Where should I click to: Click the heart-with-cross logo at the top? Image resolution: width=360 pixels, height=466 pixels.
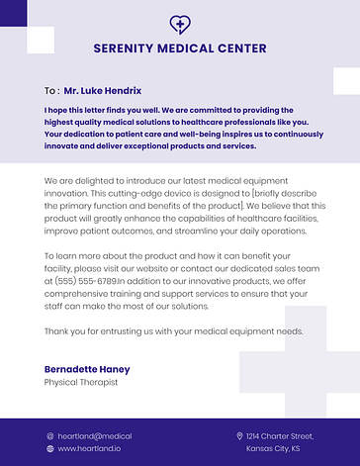179,24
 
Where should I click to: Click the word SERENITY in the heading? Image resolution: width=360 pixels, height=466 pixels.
129,48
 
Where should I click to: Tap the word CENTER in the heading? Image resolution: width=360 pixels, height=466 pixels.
240,48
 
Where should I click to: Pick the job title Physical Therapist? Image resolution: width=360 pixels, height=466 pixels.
81,382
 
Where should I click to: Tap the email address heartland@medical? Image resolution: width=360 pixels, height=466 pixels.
95,435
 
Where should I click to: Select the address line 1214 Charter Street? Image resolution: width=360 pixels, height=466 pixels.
280,435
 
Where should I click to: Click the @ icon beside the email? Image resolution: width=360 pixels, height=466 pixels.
49,435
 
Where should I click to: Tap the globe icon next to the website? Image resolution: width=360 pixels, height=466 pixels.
49,448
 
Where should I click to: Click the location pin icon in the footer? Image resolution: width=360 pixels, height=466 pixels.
239,435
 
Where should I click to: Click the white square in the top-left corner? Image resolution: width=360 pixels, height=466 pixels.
40,39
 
